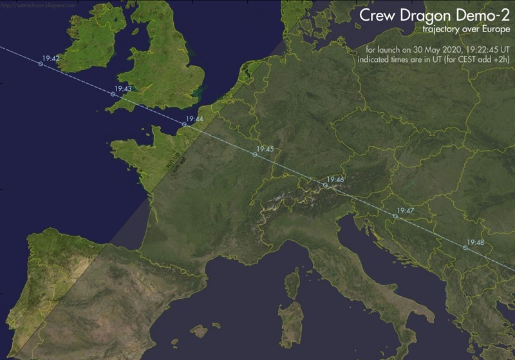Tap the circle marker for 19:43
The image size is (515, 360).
coord(113,95)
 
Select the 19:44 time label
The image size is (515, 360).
coord(194,119)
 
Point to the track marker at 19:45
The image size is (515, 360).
coord(255,155)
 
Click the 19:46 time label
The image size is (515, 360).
coord(335,180)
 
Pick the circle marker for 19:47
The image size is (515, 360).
coord(395,216)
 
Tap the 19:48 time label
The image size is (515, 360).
coord(476,242)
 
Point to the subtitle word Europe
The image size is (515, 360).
coord(493,30)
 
